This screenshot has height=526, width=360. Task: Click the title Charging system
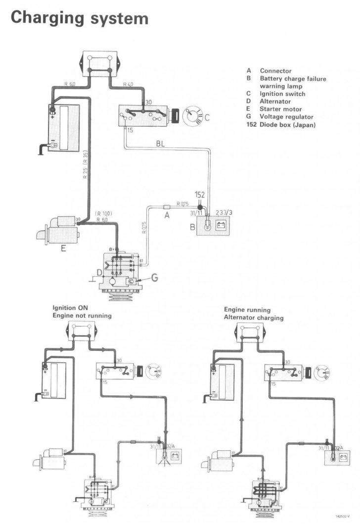pyautogui.click(x=79, y=18)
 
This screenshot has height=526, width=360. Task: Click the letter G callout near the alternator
pyautogui.click(x=155, y=278)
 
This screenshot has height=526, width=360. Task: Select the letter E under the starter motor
pyautogui.click(x=63, y=249)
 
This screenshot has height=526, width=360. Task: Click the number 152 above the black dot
pyautogui.click(x=199, y=194)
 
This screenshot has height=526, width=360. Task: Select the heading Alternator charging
pyautogui.click(x=253, y=318)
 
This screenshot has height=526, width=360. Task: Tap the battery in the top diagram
pyautogui.click(x=63, y=124)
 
